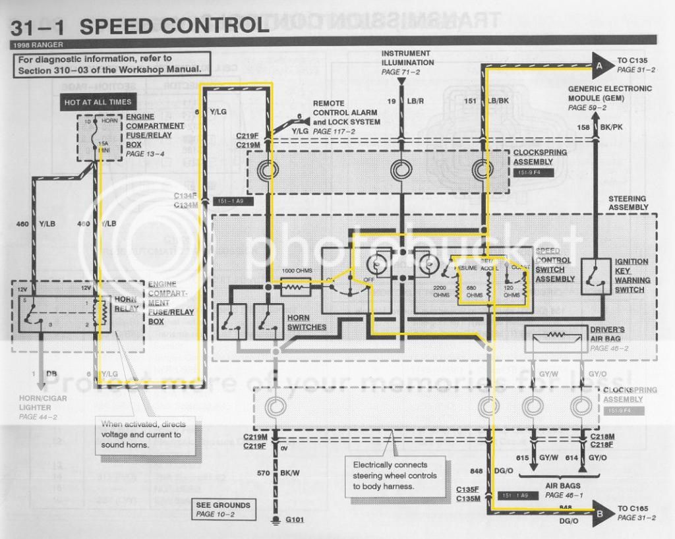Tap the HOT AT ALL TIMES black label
click(98, 102)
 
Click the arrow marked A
click(601, 66)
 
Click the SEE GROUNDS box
click(223, 509)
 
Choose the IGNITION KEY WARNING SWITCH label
click(631, 275)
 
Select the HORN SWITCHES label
click(307, 322)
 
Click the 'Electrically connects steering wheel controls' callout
click(394, 474)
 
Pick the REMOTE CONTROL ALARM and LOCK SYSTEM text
click(346, 113)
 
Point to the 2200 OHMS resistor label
click(440, 291)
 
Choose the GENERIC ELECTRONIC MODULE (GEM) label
click(609, 98)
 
